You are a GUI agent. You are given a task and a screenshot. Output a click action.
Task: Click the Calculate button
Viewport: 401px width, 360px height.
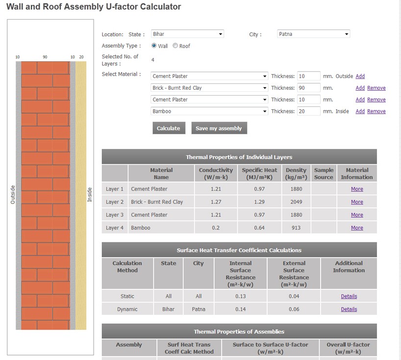tap(168, 128)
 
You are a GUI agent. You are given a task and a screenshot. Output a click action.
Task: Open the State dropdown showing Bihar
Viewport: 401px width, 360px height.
tap(187, 34)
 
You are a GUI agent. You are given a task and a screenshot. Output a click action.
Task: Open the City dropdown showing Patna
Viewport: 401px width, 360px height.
tap(313, 34)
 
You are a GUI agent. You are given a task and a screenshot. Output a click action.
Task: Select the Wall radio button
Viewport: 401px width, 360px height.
tap(154, 46)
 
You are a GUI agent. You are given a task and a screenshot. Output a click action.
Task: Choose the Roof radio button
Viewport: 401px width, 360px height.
tap(175, 46)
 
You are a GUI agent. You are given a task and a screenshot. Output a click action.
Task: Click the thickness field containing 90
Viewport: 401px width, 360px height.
tap(308, 88)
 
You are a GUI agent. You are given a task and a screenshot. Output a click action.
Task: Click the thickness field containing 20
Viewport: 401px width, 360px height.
tap(308, 111)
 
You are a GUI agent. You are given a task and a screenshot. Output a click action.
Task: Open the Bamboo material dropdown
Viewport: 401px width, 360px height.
tap(209, 111)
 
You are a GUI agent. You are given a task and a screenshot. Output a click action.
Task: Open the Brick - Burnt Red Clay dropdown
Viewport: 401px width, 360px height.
tap(209, 88)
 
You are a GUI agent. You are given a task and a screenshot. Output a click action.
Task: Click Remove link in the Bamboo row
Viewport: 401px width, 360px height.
tap(376, 111)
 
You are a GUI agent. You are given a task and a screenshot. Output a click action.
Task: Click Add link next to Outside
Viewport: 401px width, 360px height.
tap(360, 76)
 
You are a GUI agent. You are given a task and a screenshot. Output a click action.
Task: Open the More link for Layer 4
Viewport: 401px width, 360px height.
tap(357, 228)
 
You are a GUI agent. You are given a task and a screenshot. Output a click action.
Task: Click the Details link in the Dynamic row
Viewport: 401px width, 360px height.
tap(349, 309)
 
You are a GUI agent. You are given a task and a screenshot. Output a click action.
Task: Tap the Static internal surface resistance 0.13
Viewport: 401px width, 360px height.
tap(240, 296)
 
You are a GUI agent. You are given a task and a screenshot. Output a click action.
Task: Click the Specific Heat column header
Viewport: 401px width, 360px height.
tap(259, 173)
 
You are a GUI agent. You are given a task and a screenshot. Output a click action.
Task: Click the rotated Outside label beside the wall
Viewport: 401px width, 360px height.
tap(13, 194)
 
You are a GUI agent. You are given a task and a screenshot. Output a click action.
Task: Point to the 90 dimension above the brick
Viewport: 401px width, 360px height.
tap(45, 57)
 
